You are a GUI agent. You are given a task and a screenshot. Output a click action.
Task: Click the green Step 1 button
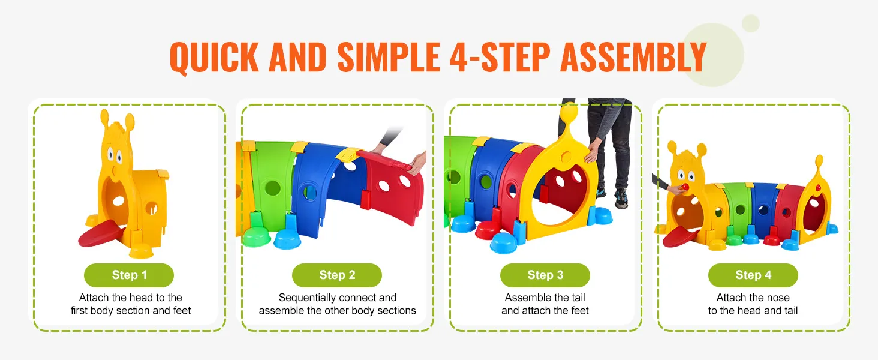pos(129,275)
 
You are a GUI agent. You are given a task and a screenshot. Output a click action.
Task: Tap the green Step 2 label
pos(337,275)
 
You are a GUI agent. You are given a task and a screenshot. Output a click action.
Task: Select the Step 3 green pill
pos(545,275)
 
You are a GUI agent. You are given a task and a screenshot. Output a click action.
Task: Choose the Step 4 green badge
pos(753,275)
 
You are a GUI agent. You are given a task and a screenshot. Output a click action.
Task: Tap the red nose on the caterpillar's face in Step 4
pos(679,190)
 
